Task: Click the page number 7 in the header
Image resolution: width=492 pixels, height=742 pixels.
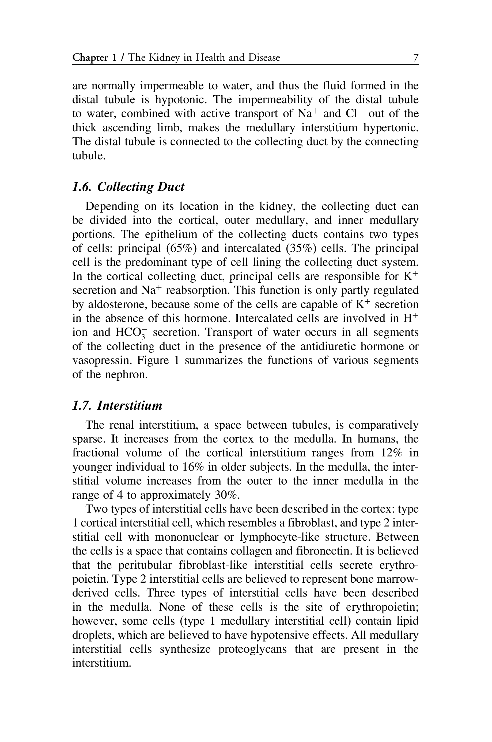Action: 415,58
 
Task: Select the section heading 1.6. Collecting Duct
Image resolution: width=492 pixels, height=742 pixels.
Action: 128,187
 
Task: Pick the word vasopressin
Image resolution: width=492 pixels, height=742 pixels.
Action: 102,360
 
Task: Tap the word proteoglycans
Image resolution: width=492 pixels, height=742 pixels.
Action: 252,649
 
